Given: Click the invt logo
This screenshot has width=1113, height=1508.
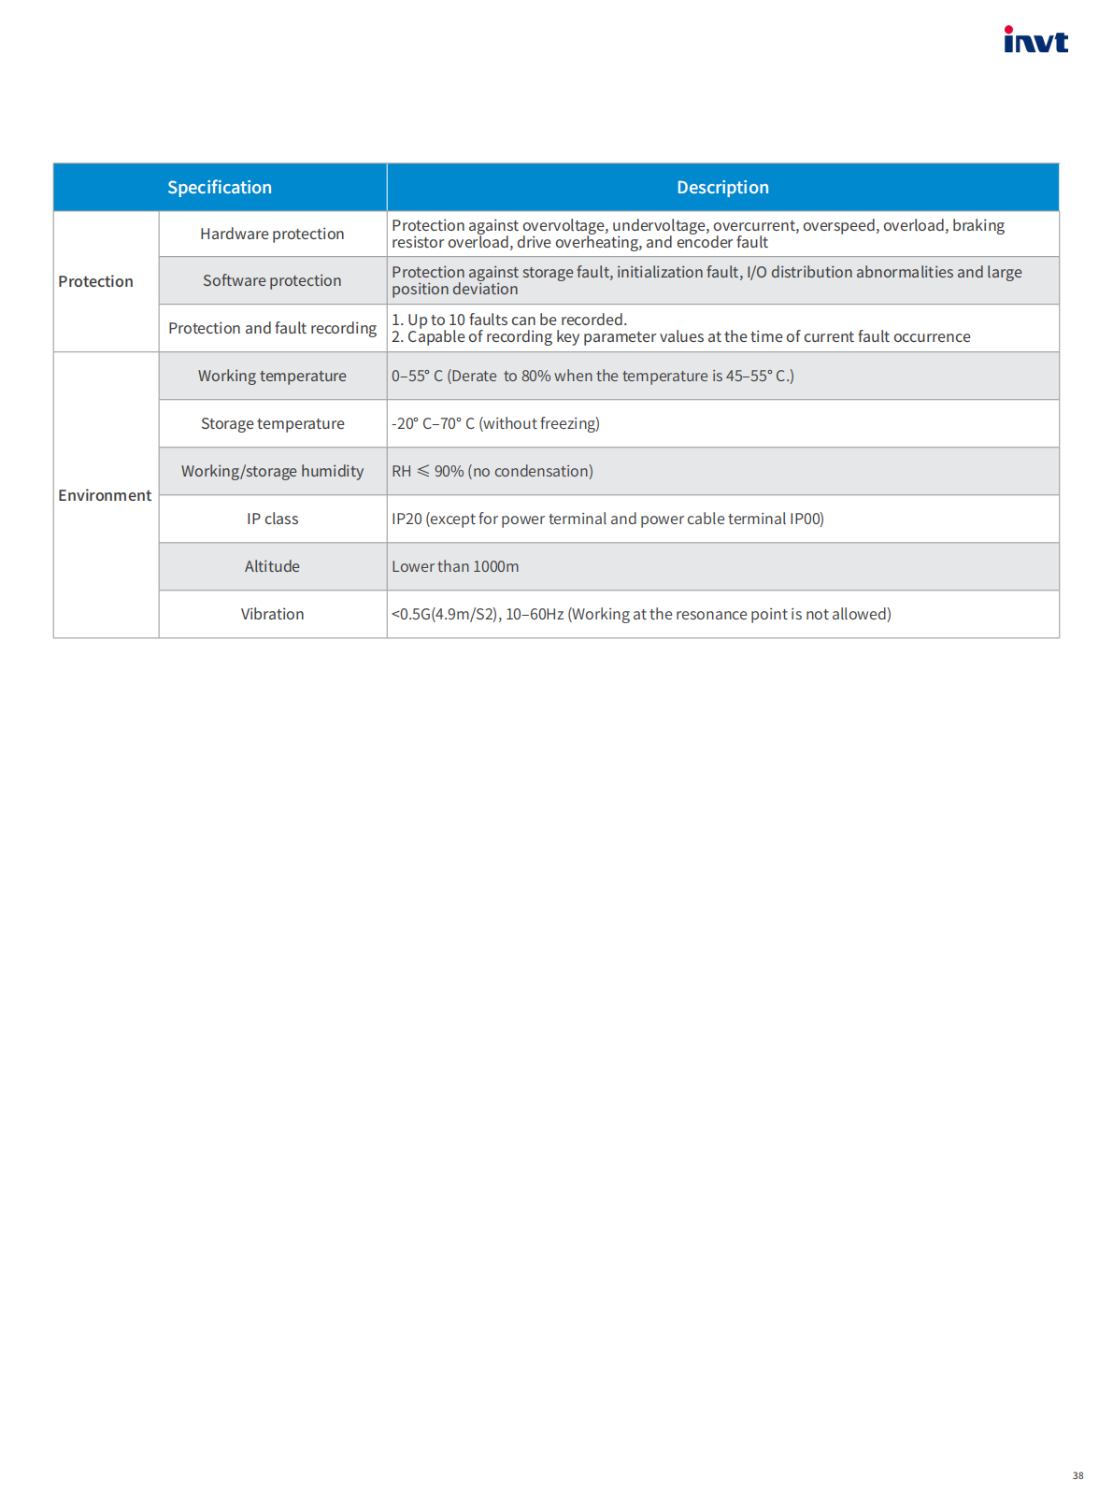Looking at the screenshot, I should point(1035,40).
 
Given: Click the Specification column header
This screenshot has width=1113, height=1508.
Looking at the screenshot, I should point(220,188).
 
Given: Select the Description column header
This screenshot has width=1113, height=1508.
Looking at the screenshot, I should point(722,188).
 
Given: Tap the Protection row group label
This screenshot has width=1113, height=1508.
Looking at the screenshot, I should point(95,281).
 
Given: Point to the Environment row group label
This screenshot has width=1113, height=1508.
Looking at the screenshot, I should point(105,495).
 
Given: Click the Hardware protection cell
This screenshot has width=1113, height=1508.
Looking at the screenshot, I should point(272,234).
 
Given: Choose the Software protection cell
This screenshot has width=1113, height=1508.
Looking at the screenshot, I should point(272,280).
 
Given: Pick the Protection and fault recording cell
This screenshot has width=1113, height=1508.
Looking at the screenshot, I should point(272,328).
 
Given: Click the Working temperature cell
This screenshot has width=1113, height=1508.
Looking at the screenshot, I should point(272,376).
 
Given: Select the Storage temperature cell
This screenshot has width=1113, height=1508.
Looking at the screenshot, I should point(272,423).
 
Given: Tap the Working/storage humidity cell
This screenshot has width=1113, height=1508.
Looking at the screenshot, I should point(272,471).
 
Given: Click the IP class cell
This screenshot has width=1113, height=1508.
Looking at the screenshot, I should point(272,519).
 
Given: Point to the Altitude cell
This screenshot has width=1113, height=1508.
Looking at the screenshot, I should point(272,566).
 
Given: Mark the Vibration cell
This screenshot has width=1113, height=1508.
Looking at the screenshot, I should point(272,614).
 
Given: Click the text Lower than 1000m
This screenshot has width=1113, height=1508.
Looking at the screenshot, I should point(455,566).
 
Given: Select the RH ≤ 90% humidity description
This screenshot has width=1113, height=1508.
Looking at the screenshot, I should point(492,471).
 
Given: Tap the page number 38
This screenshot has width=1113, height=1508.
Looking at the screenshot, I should point(1077,1475).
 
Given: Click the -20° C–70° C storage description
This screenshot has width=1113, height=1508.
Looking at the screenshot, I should point(495,423).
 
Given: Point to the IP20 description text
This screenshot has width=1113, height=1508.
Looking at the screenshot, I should point(607,519).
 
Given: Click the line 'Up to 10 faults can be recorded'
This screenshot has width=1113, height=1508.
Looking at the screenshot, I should point(509,320).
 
